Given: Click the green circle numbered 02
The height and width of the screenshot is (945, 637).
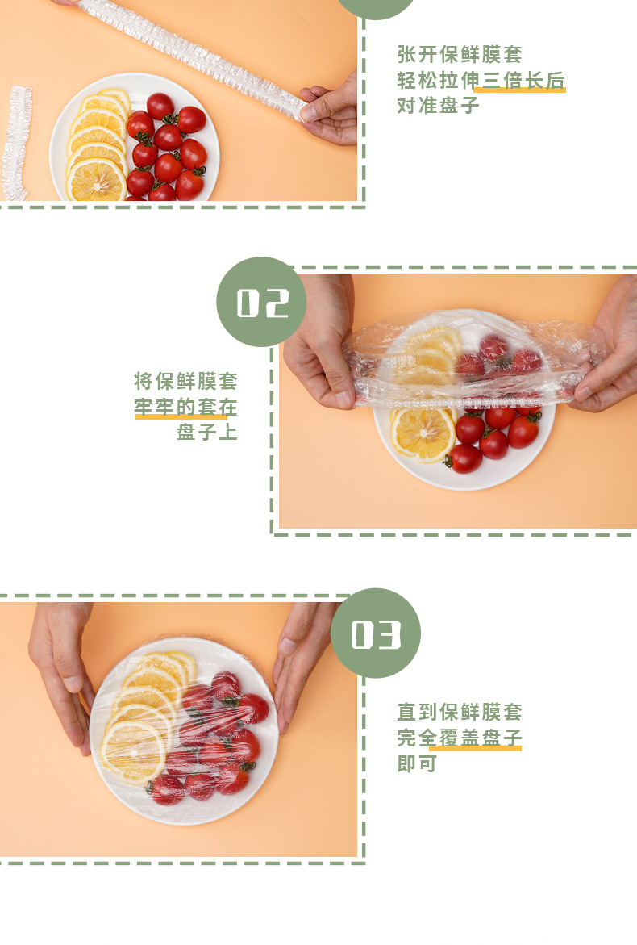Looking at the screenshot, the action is click(261, 301).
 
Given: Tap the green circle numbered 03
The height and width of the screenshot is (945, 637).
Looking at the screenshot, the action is click(376, 633).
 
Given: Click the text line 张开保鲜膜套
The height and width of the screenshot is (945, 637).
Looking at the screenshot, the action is click(460, 54).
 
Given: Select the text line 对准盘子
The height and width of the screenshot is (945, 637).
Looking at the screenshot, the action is click(439, 105).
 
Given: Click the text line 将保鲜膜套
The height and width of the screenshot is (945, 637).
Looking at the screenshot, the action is click(185, 381).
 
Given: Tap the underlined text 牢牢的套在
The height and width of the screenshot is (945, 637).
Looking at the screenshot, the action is click(185, 407).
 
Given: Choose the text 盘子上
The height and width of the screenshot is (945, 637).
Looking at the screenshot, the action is click(206, 432).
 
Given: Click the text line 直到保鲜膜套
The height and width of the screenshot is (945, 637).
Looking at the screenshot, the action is click(460, 712).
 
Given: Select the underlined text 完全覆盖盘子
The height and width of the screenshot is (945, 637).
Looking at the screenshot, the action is click(460, 738).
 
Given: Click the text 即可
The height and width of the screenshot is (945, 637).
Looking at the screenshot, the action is click(417, 763).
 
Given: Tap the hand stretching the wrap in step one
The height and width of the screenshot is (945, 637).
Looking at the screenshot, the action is click(329, 111).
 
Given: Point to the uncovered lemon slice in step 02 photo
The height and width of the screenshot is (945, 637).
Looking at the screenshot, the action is click(423, 434).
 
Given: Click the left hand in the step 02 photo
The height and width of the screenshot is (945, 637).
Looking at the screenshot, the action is click(319, 341).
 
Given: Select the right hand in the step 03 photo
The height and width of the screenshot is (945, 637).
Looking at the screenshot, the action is click(301, 663).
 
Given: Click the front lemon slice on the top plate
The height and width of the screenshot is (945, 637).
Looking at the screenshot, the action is click(96, 180).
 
